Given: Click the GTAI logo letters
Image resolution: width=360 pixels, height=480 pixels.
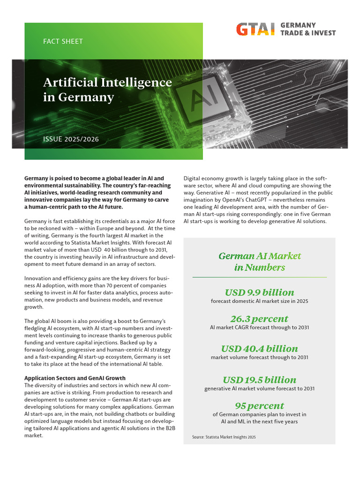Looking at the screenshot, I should [x=255, y=29].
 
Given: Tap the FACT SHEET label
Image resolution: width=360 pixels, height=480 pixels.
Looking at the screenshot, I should [x=63, y=41].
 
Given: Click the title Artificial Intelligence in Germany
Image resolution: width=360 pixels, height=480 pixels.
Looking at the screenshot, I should [x=107, y=90].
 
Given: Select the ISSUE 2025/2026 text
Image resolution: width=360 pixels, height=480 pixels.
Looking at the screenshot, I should [x=71, y=139].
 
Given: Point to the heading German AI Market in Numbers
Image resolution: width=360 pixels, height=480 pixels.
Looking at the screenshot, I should [x=260, y=262].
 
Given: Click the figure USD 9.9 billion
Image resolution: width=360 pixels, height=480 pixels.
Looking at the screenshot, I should [x=260, y=292].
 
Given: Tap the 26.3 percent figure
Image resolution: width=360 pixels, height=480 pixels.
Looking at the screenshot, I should [x=260, y=319].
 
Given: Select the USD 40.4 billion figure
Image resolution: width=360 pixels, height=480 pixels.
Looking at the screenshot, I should [x=260, y=349].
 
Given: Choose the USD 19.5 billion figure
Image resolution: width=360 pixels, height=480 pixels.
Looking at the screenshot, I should [x=260, y=380].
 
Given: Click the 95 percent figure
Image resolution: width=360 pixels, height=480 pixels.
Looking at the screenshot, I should [x=260, y=405].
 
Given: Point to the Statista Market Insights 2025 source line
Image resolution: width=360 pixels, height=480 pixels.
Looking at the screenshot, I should [x=224, y=437].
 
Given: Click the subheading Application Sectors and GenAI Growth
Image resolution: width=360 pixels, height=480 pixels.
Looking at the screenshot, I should [x=75, y=378].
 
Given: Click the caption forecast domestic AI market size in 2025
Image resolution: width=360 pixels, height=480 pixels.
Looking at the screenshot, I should [x=260, y=301].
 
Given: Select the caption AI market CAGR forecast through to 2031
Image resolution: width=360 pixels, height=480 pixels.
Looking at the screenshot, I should [x=260, y=328].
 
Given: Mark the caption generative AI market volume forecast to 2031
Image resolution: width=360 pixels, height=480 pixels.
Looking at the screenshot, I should [x=260, y=389].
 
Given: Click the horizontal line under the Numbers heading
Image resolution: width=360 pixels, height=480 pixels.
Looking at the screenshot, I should [x=260, y=277].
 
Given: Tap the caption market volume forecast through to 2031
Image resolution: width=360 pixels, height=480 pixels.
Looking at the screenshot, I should [x=260, y=357].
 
